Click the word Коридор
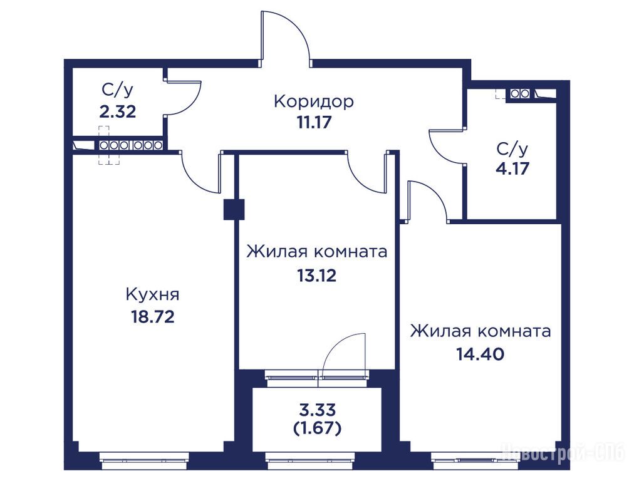tap(314, 102)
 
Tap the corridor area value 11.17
tap(314, 122)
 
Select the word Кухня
tap(152, 294)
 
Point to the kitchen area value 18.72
tap(152, 316)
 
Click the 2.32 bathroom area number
tap(118, 111)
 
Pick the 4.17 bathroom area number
tap(512, 168)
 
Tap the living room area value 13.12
tap(316, 276)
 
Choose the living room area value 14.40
tap(481, 354)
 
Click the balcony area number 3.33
tap(318, 410)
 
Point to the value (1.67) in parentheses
tap(318, 428)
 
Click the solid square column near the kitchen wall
tap(234, 210)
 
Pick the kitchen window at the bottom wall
tap(144, 458)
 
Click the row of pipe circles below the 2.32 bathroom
tap(130, 145)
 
